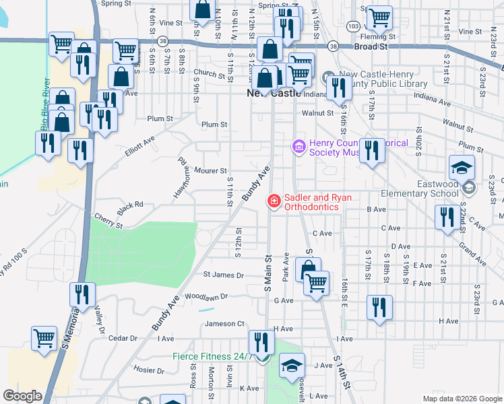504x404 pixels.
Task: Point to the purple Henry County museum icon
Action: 298,145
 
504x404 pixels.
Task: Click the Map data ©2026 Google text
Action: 462,399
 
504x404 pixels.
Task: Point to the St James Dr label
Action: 223,275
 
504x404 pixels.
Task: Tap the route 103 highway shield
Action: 353,26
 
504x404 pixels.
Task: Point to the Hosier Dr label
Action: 150,370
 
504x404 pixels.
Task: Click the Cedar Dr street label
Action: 123,338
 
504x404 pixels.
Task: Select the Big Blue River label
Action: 45,104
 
